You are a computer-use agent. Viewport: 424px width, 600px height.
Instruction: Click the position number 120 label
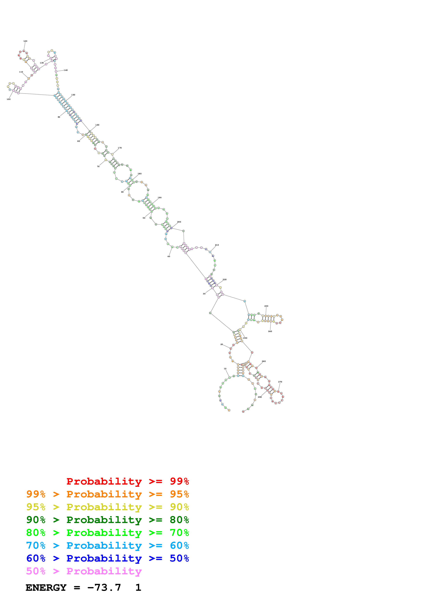pyautogui.click(x=25, y=41)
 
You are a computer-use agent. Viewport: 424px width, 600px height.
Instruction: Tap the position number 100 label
pyautogui.click(x=9, y=99)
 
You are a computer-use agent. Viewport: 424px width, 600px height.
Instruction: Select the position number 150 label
pyautogui.click(x=73, y=95)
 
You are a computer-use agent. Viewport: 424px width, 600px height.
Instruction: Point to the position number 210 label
pyautogui.click(x=217, y=245)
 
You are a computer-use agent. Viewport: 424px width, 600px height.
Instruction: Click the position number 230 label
pyautogui.click(x=266, y=306)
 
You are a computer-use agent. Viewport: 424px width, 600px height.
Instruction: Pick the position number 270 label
pyautogui.click(x=280, y=382)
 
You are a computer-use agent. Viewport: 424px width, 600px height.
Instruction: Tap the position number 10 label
pyautogui.click(x=225, y=369)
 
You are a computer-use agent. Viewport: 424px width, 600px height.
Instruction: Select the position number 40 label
pyautogui.click(x=169, y=256)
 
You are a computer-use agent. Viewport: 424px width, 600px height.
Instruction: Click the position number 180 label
pyautogui.click(x=140, y=174)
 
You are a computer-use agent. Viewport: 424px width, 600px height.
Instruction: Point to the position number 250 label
pyautogui.click(x=245, y=338)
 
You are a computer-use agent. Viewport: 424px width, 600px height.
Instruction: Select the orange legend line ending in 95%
pyautogui.click(x=107, y=494)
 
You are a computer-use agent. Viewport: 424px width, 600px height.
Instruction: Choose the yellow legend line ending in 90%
pyautogui.click(x=107, y=507)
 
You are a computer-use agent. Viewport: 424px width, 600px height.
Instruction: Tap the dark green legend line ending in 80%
pyautogui.click(x=107, y=520)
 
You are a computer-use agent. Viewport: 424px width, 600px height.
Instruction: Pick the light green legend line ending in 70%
pyautogui.click(x=107, y=533)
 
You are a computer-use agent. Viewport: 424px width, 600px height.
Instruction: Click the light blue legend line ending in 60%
pyautogui.click(x=107, y=545)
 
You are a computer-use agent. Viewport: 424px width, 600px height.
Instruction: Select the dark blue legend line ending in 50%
pyautogui.click(x=107, y=558)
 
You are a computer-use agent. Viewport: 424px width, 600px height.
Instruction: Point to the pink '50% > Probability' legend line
pyautogui.click(x=84, y=571)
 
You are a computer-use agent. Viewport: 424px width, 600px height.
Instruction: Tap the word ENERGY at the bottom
pyautogui.click(x=46, y=588)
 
